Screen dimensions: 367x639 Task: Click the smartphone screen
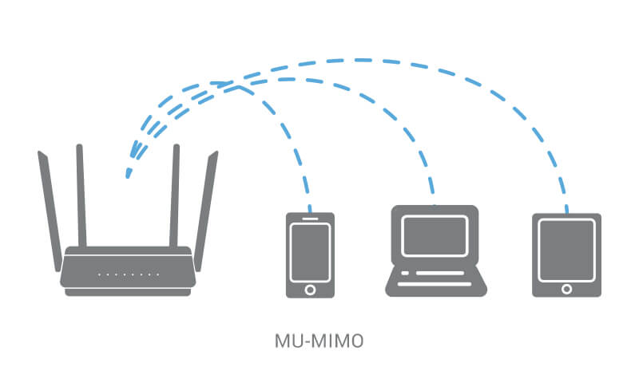click(311, 251)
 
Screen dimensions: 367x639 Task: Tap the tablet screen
click(567, 248)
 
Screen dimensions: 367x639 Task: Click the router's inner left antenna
click(81, 195)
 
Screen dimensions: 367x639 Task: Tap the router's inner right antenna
click(174, 195)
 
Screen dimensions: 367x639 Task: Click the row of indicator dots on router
click(128, 274)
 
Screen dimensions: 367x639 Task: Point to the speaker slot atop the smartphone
click(311, 218)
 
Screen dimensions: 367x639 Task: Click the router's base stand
click(128, 292)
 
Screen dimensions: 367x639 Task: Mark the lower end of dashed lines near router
click(128, 174)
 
